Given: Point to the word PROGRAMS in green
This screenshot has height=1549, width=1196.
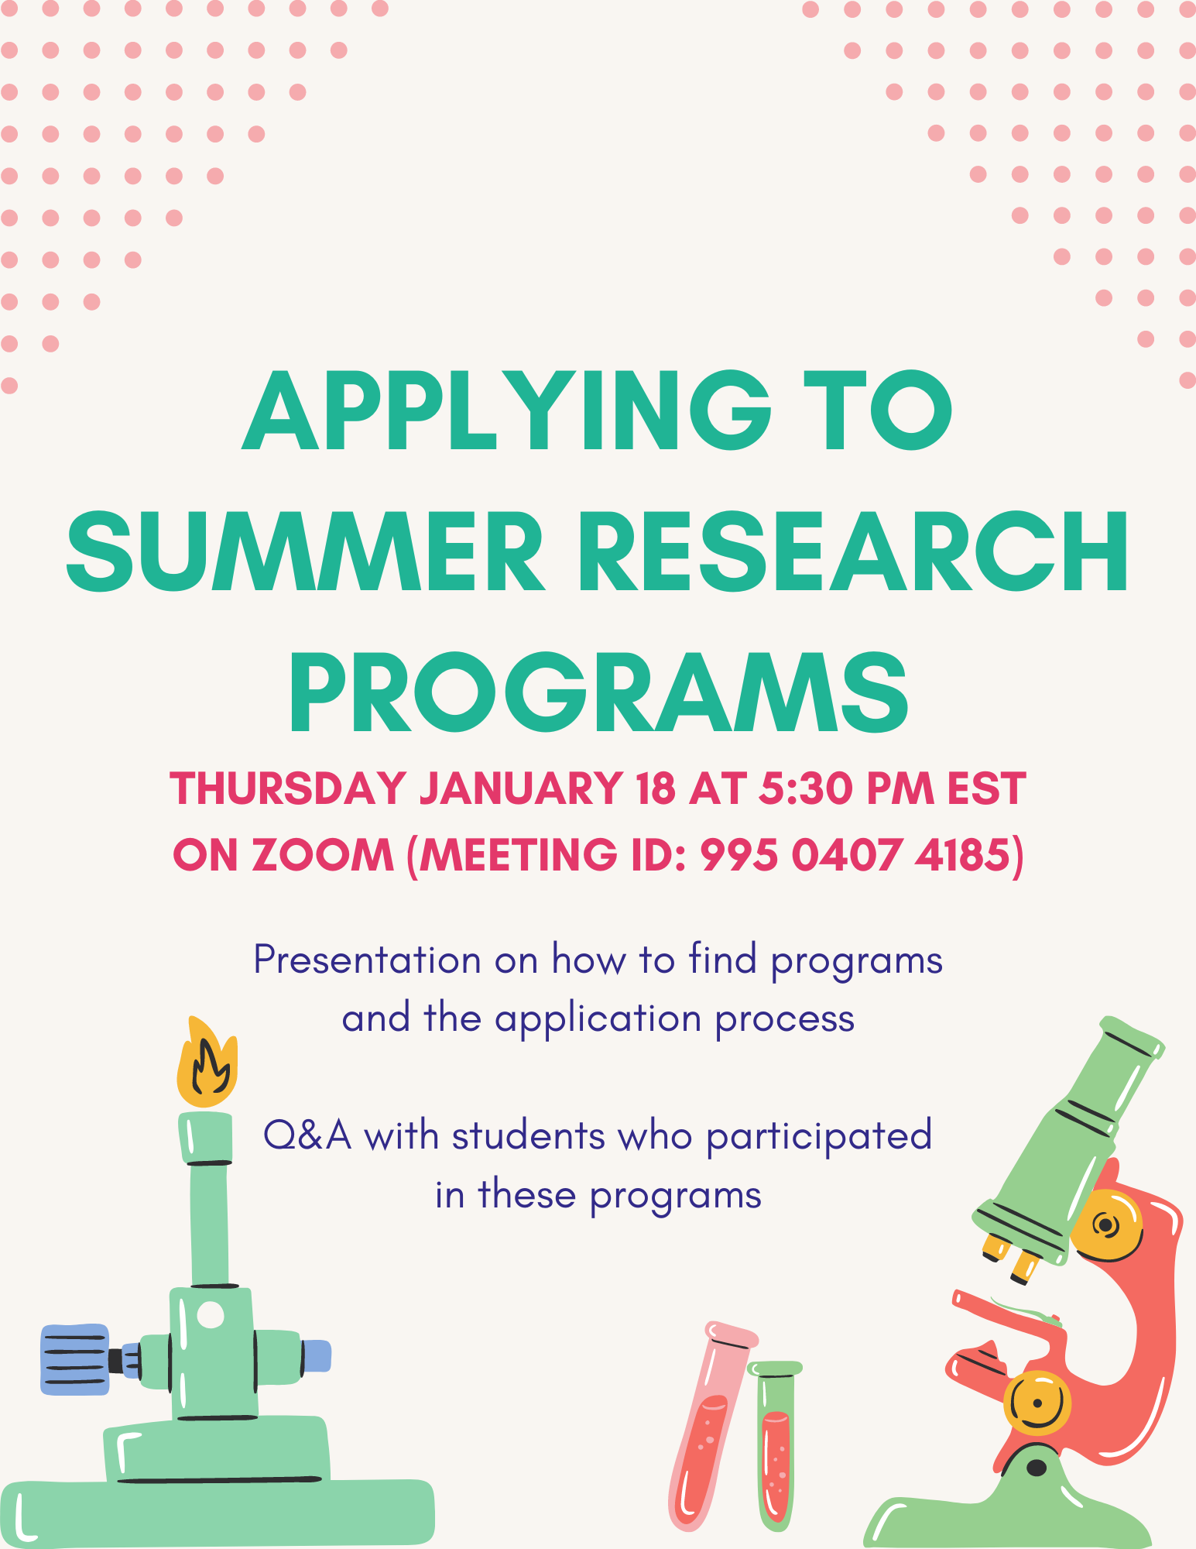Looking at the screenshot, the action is pos(598,692).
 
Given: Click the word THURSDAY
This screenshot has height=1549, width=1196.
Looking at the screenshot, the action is pos(288,788).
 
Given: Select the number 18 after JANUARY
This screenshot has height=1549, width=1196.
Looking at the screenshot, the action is pos(655,788).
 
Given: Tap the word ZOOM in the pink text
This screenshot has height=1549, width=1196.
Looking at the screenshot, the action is pos(323,855).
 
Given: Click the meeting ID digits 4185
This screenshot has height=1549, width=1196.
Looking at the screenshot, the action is pos(963,855).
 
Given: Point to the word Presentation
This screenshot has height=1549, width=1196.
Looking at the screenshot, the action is pos(368,960).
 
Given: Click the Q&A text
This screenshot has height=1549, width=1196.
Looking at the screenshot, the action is pos(307,1136).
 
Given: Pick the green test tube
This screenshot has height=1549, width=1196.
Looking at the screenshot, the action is pos(775,1445).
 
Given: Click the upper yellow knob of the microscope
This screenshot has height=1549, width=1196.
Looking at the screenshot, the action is pos(1105,1225).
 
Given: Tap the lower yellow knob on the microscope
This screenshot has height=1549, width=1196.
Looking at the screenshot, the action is pos(1037,1402).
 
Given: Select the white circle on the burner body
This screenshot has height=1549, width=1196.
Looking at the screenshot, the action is pos(211,1314).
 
